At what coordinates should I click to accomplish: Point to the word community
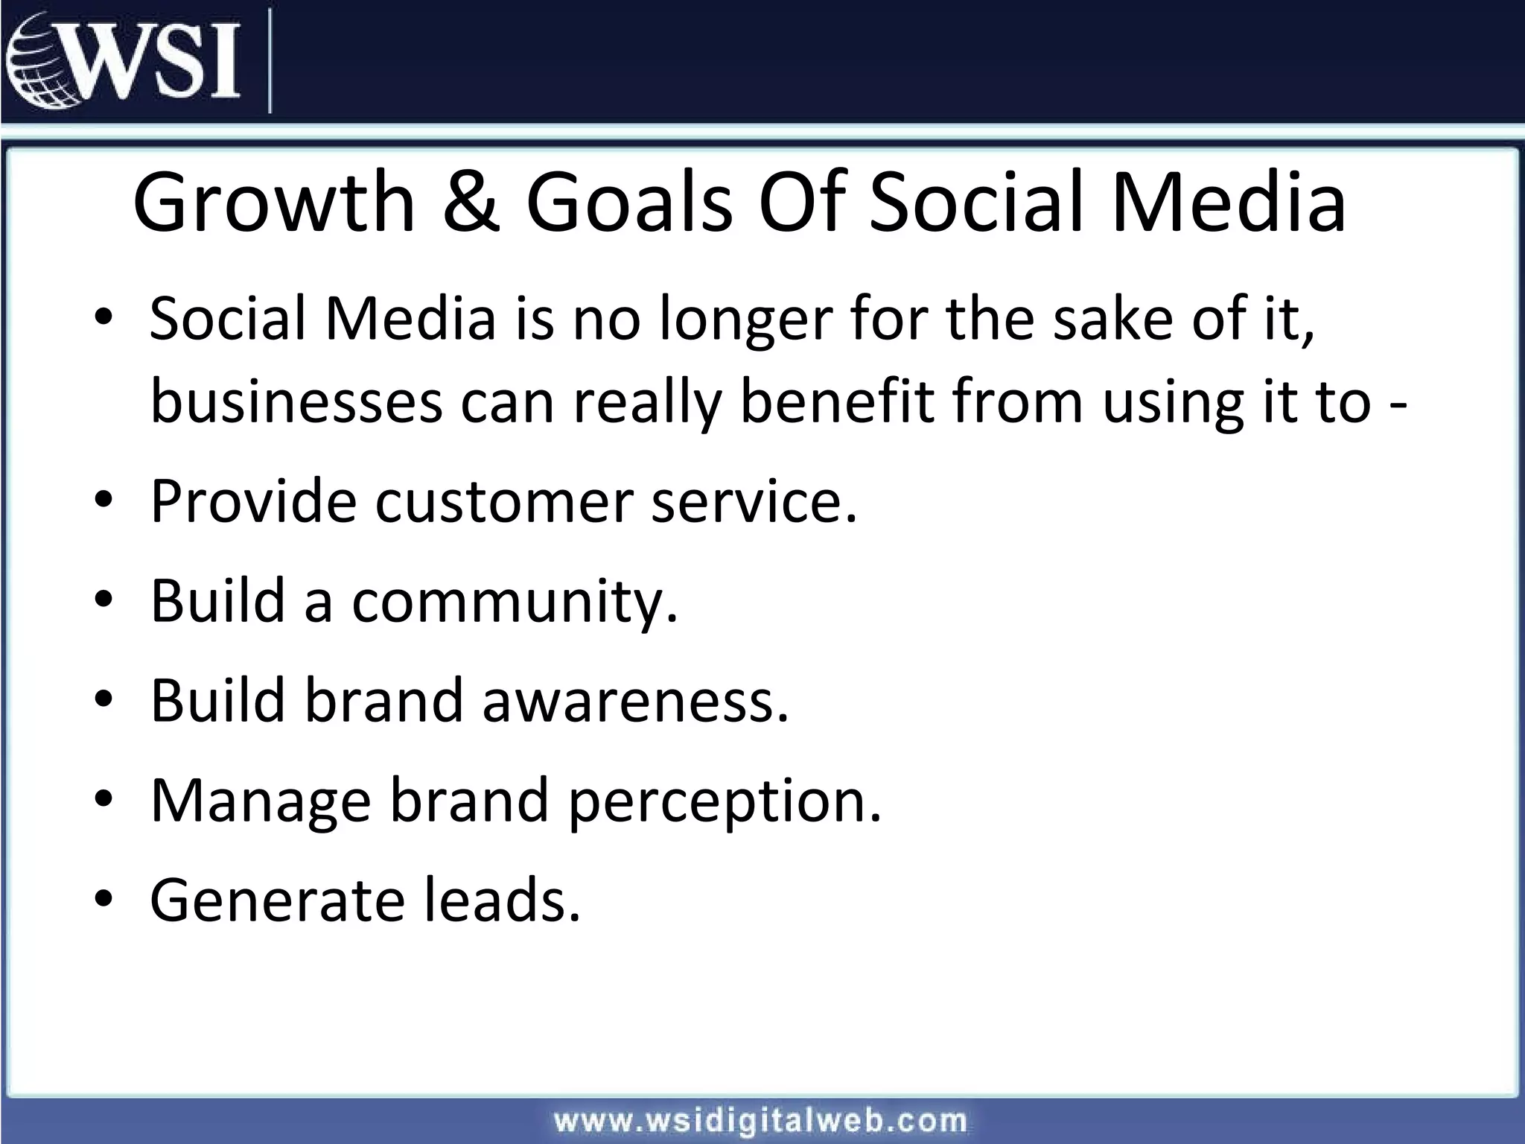pyautogui.click(x=515, y=602)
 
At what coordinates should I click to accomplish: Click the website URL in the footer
pyautogui.click(x=760, y=1120)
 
